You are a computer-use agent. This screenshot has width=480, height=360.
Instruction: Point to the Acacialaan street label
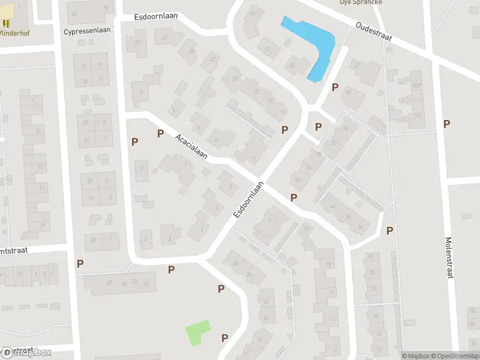(191, 146)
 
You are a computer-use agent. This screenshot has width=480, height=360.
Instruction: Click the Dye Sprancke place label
(361, 2)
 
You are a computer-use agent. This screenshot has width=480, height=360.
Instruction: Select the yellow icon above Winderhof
(7, 23)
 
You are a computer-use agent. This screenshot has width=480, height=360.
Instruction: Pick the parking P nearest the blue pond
(335, 87)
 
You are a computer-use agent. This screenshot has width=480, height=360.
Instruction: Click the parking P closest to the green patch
(224, 338)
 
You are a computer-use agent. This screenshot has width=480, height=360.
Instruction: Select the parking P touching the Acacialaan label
(160, 133)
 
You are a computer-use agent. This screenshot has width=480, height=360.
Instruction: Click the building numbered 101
(418, 115)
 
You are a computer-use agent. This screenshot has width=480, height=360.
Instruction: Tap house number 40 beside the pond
(292, 65)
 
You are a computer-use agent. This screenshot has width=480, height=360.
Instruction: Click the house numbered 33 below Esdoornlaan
(137, 41)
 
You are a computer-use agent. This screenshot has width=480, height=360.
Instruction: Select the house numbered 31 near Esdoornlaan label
(165, 38)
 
